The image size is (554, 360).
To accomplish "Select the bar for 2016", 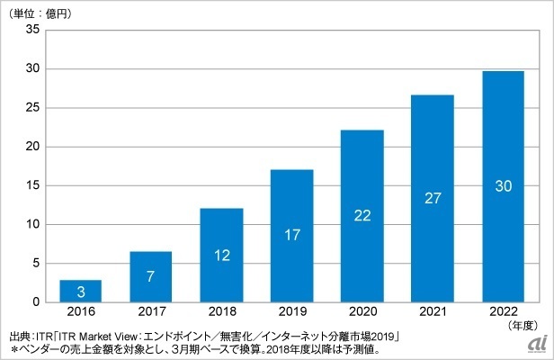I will (81, 291).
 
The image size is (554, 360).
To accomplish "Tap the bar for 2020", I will (362, 216).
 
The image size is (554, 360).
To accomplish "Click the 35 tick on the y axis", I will (32, 30).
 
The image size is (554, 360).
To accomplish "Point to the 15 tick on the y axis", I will (32, 185).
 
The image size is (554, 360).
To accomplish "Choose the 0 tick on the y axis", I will (36, 302).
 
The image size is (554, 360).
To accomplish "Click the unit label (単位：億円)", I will (40, 13).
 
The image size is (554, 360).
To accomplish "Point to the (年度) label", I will (523, 325).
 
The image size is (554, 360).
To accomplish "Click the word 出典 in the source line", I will (19, 337).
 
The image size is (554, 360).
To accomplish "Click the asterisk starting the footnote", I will (13, 350).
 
